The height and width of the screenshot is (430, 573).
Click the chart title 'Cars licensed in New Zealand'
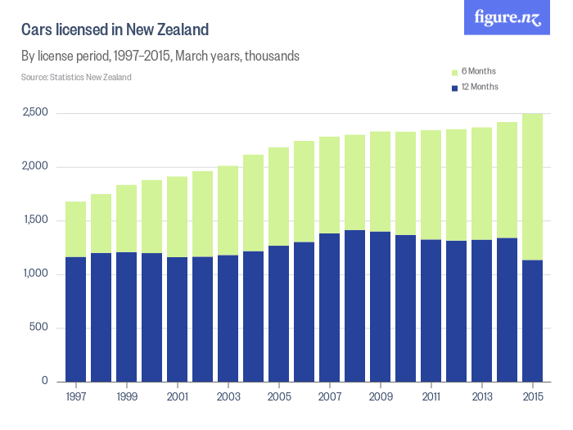click(x=115, y=30)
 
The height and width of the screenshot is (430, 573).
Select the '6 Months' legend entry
click(x=474, y=71)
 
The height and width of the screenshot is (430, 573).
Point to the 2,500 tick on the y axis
click(x=35, y=113)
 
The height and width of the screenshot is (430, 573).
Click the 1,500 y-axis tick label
click(x=35, y=220)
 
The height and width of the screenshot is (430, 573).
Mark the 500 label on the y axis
click(x=40, y=328)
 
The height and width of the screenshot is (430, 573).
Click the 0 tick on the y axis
click(x=45, y=382)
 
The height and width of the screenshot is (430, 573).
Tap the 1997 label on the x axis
click(x=76, y=397)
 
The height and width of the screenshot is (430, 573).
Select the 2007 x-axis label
click(x=330, y=397)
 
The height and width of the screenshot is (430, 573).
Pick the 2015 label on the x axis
click(x=533, y=397)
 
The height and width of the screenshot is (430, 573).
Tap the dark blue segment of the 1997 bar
click(x=76, y=319)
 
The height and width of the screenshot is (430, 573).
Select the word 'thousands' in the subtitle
click(x=272, y=57)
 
